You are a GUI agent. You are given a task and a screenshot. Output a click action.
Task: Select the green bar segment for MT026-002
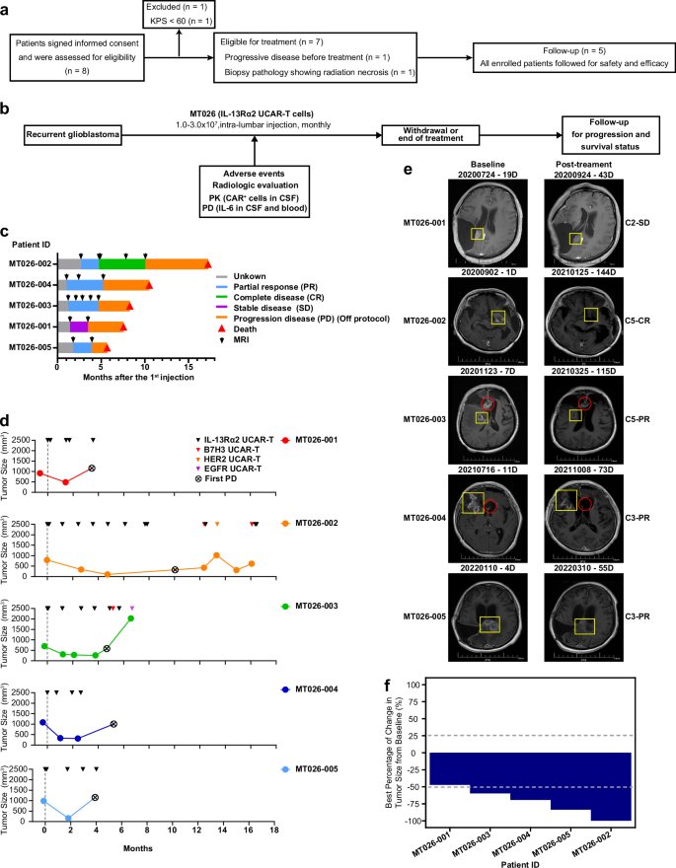point(122,263)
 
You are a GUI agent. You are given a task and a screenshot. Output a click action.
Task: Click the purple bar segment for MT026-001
point(80,325)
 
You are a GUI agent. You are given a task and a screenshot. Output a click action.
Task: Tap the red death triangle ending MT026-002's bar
point(208,263)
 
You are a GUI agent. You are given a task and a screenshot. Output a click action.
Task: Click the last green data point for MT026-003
point(131,618)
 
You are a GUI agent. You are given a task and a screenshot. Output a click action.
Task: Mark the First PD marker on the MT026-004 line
point(113,724)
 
